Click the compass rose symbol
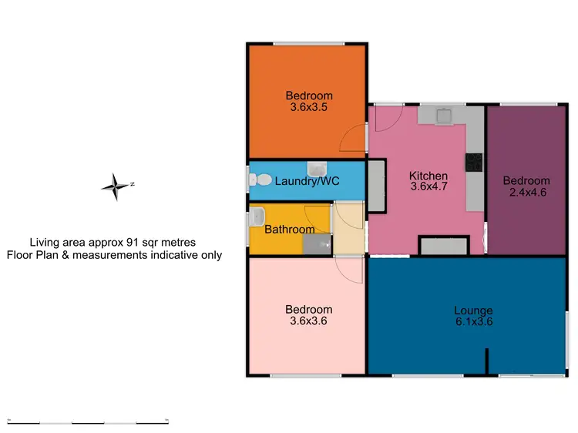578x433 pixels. pyautogui.click(x=116, y=186)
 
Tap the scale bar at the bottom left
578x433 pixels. pyautogui.click(x=88, y=422)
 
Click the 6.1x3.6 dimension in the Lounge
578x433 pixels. pyautogui.click(x=473, y=322)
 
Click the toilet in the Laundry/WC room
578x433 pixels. pyautogui.click(x=260, y=180)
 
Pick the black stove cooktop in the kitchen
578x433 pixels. pyautogui.click(x=473, y=163)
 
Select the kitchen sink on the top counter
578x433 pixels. pyautogui.click(x=445, y=116)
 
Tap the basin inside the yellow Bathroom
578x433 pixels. pyautogui.click(x=257, y=217)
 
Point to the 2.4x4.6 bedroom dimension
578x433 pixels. pyautogui.click(x=526, y=192)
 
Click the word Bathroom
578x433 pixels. pyautogui.click(x=289, y=230)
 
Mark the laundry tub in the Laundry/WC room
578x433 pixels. pyautogui.click(x=317, y=169)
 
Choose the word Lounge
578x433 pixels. pyautogui.click(x=473, y=310)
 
